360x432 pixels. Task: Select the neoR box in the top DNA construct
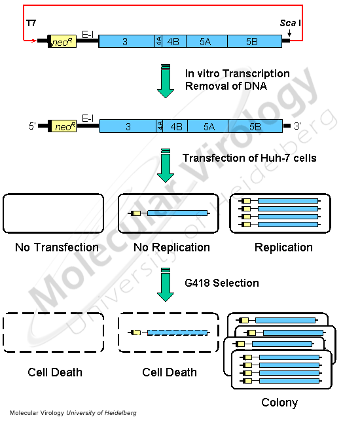63,41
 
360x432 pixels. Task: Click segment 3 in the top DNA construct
126,41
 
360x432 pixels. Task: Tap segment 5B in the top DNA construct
253,41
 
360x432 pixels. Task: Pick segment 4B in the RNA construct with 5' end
175,126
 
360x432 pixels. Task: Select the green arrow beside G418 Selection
166,285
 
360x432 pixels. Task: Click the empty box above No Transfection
53,213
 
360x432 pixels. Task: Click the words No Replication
171,247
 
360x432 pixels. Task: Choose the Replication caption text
283,247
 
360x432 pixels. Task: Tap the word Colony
279,403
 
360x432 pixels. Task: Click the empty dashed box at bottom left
53,333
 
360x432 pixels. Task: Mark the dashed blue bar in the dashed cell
177,333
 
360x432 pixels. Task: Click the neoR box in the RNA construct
63,126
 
